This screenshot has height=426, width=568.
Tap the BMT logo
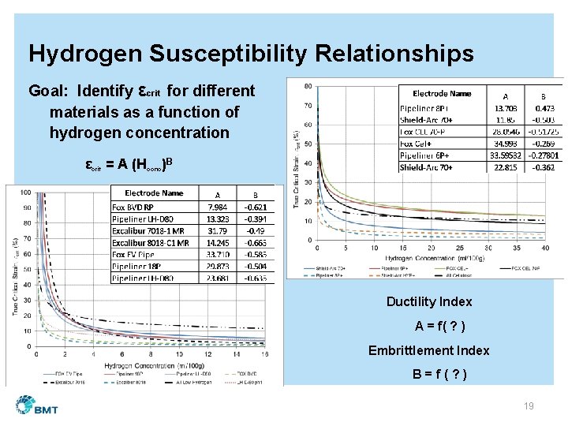39,405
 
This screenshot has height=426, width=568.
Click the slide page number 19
529,405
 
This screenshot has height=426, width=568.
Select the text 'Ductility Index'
429,301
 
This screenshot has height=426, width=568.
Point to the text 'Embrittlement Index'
429,350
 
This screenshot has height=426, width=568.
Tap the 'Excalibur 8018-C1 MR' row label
151,244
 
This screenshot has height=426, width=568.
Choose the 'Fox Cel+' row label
420,144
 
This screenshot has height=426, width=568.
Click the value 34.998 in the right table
506,144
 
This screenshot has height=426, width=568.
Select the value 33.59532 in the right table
506,155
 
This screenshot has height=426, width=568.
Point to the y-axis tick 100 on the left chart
26,192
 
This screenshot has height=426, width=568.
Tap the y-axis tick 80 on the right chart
307,86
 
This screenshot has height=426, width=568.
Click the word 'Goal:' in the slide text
50,91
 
